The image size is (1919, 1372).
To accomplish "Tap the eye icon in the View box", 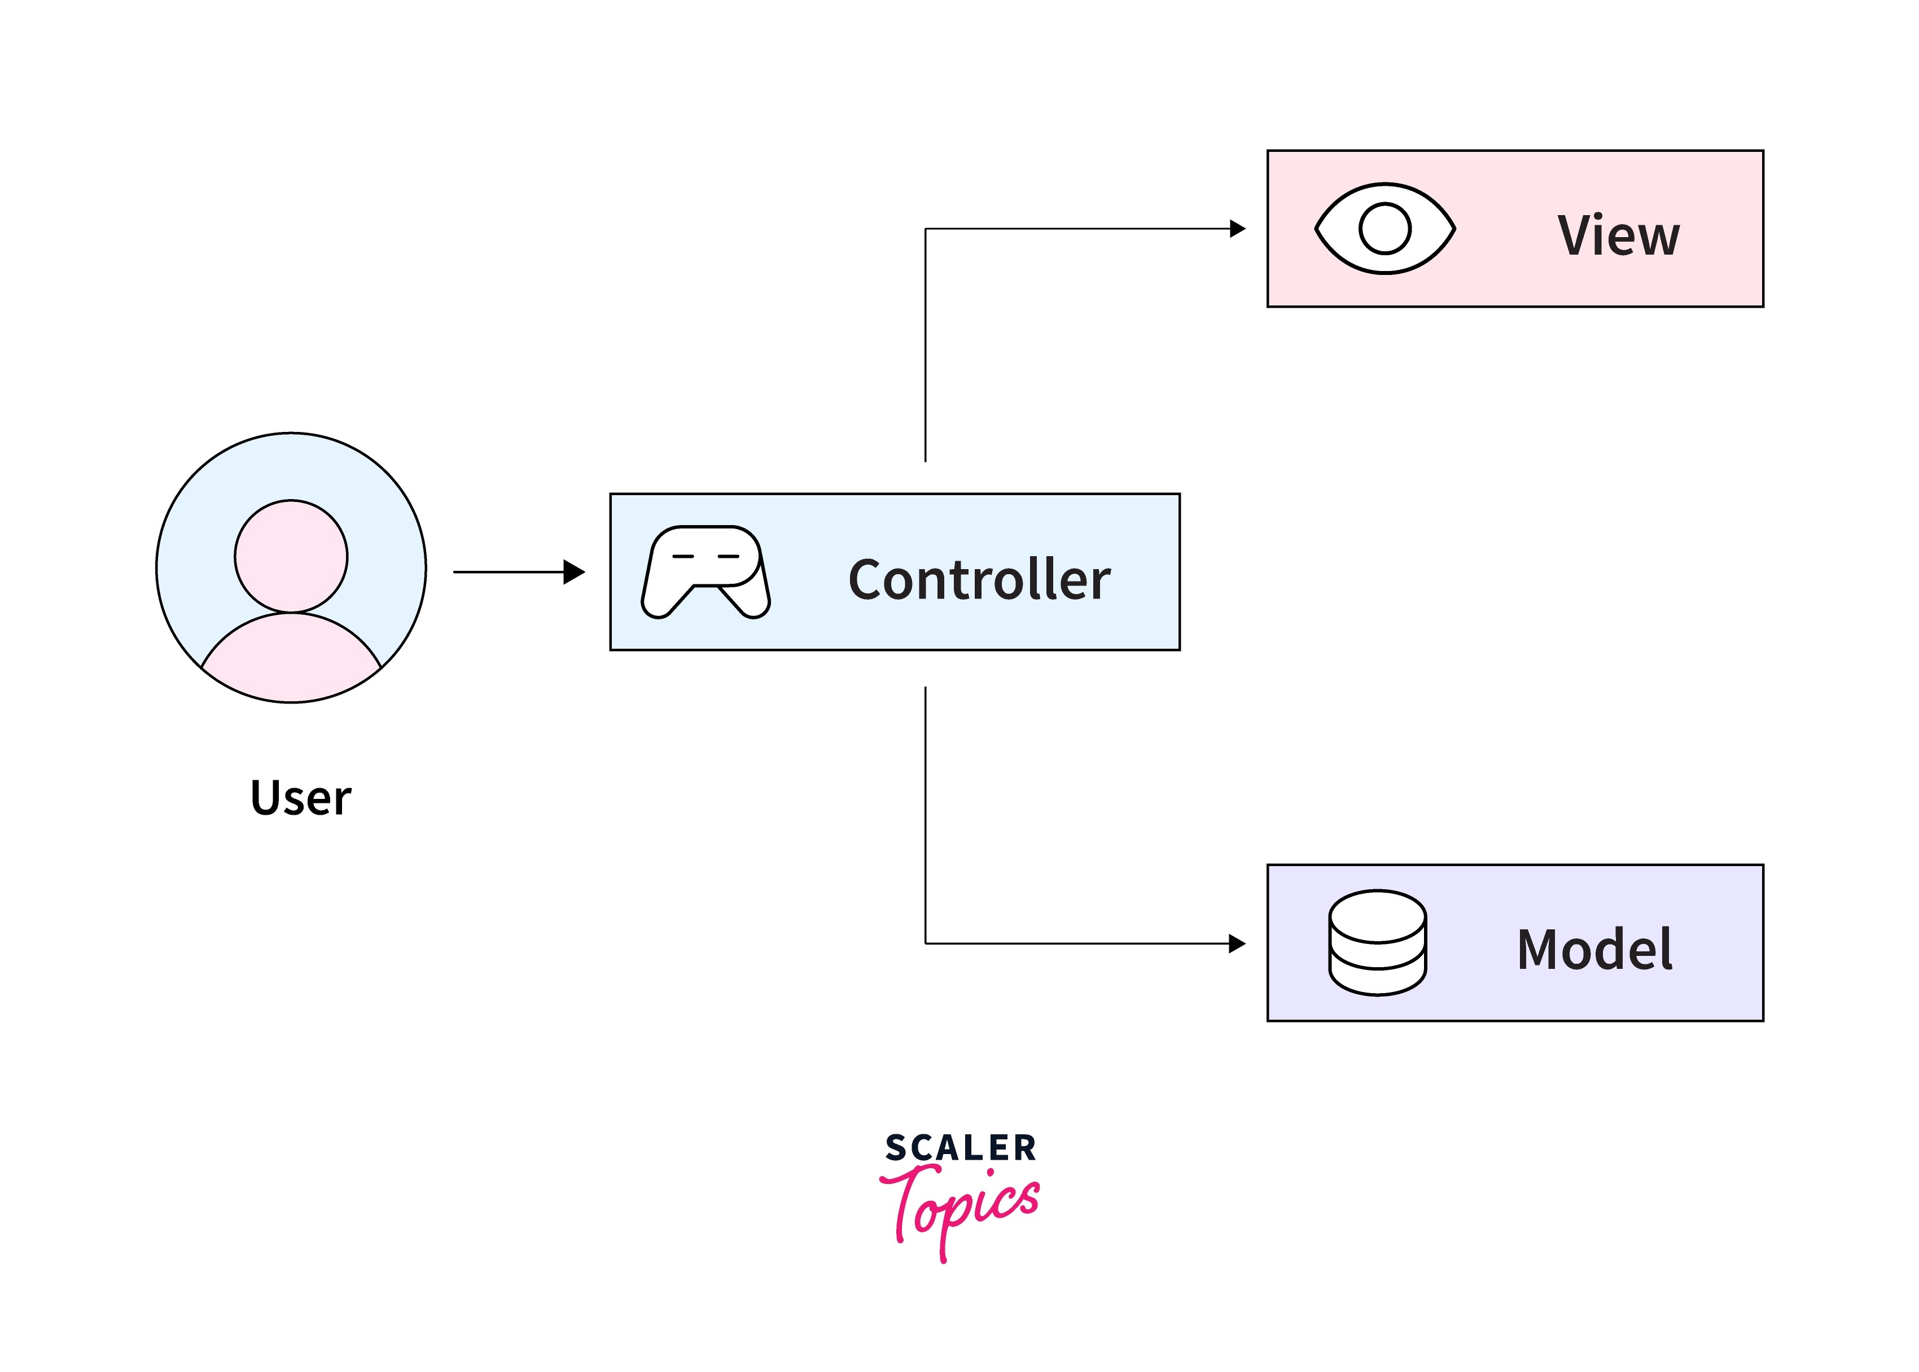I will (x=1385, y=228).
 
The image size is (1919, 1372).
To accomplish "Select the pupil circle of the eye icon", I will (x=1385, y=228).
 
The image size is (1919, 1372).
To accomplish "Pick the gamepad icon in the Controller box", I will (x=706, y=572).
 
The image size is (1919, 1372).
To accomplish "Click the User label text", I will (x=301, y=798).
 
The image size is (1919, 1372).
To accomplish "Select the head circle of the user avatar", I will (x=291, y=556).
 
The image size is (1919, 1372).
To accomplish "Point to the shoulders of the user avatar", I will (x=291, y=659).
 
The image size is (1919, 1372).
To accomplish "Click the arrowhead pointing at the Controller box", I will (x=575, y=572).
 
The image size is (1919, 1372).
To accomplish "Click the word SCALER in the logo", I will (x=960, y=1148).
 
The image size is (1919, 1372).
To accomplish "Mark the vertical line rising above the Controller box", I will (x=926, y=346).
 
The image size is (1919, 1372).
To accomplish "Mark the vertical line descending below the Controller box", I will (x=926, y=811).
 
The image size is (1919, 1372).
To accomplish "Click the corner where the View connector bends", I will (x=926, y=228).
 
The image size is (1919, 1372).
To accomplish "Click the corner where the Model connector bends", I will (x=926, y=943).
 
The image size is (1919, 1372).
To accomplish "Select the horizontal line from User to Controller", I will (x=507, y=572).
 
